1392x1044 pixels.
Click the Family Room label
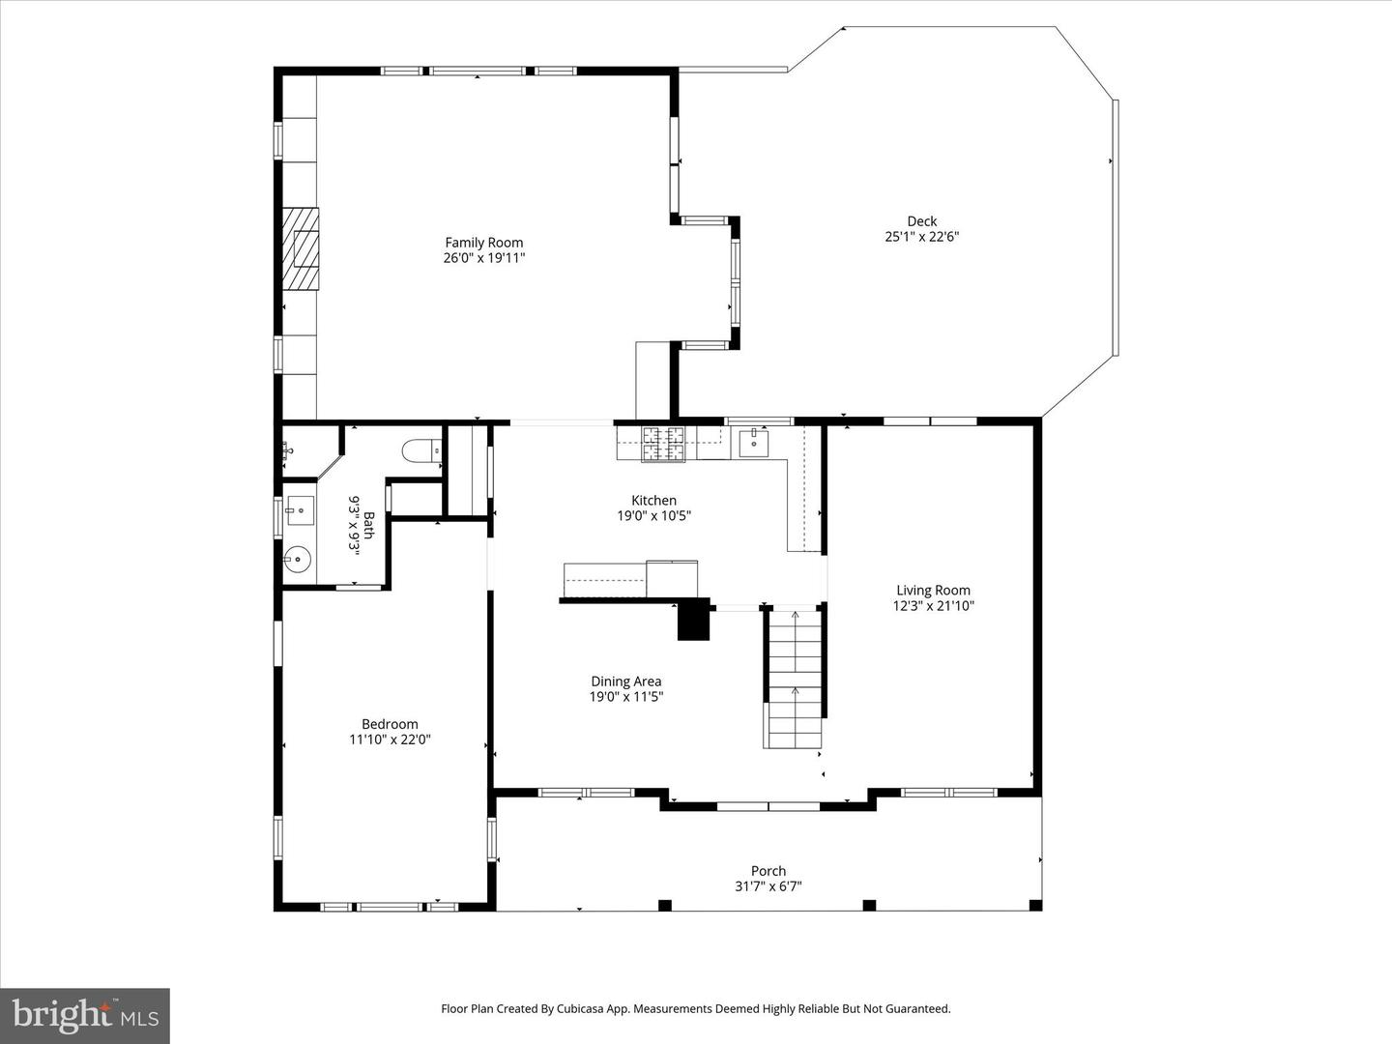[483, 243]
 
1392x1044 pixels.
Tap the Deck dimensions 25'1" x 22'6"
[921, 237]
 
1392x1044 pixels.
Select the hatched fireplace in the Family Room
[301, 248]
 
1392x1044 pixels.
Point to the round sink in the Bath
[298, 558]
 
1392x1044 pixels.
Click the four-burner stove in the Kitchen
[664, 444]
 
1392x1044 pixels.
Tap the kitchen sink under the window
[753, 444]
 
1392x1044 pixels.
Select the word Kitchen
[653, 500]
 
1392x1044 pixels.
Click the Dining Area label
[626, 681]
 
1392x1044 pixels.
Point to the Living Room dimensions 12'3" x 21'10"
[933, 606]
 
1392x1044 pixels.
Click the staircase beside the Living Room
[795, 679]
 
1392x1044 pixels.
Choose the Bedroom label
[390, 724]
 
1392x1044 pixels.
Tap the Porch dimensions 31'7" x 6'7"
[768, 886]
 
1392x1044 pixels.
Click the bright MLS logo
[85, 1015]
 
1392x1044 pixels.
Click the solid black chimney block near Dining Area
[693, 620]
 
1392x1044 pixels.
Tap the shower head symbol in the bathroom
[288, 450]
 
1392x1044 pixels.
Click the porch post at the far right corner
[1035, 905]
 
